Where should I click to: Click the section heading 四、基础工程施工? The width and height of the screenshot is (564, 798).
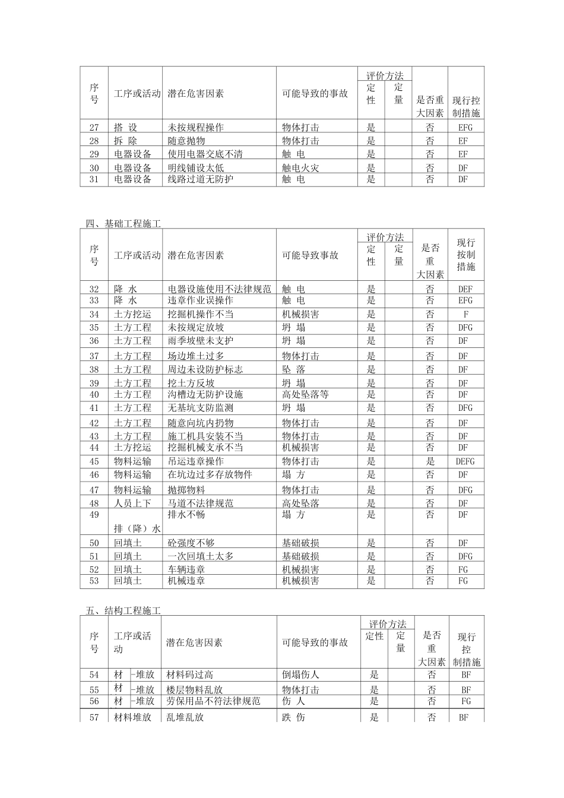click(x=123, y=224)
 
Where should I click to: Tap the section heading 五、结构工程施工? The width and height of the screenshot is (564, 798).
click(x=123, y=610)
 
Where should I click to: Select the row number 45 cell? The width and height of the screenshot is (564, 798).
click(x=94, y=461)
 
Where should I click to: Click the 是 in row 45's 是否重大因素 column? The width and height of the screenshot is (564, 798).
click(x=430, y=461)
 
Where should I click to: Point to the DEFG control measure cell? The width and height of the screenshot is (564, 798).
click(x=465, y=461)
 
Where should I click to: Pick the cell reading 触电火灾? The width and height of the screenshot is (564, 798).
click(x=300, y=168)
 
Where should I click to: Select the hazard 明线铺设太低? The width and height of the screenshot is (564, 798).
click(x=195, y=168)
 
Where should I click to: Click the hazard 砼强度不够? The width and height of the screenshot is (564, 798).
click(x=191, y=543)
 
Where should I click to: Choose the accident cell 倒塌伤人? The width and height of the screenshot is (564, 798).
click(x=300, y=674)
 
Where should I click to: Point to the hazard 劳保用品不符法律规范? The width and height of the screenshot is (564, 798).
click(x=214, y=701)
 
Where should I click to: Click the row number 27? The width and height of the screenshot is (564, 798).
click(x=94, y=128)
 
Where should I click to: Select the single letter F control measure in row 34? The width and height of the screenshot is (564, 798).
click(x=465, y=315)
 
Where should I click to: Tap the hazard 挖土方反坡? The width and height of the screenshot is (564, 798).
click(x=191, y=384)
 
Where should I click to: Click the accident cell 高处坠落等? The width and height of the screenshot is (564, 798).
click(x=305, y=395)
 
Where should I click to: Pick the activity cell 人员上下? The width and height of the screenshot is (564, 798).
click(x=132, y=503)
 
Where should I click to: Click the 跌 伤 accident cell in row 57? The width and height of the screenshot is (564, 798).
click(x=293, y=717)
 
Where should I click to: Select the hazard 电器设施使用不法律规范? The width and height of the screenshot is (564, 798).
click(x=219, y=289)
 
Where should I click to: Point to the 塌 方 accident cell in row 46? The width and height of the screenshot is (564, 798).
click(x=293, y=475)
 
